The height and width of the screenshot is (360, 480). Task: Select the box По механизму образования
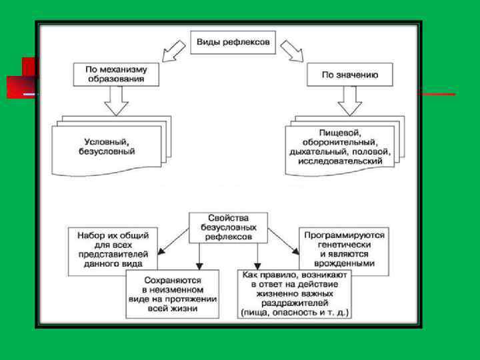click(x=116, y=74)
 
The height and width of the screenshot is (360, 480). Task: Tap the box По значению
click(x=349, y=75)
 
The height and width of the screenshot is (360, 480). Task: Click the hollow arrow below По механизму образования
click(x=116, y=101)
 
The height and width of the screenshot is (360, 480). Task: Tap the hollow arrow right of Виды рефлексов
click(x=292, y=51)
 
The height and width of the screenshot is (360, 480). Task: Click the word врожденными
click(x=345, y=264)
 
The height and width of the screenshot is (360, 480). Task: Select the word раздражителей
click(x=295, y=303)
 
